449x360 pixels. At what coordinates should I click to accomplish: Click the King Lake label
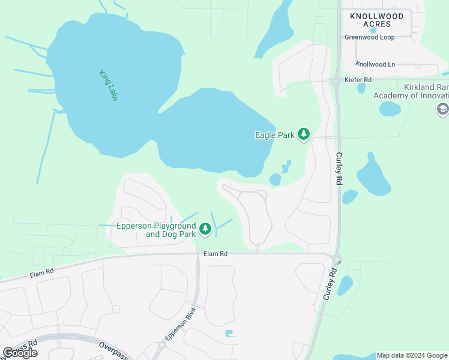click(109, 85)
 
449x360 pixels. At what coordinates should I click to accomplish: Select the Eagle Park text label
click(275, 135)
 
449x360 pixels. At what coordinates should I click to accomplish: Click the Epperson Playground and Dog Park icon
click(205, 229)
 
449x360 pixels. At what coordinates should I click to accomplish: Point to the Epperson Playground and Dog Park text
click(156, 229)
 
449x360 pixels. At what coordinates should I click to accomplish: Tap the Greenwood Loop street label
click(370, 37)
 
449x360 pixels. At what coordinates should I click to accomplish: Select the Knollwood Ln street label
click(376, 64)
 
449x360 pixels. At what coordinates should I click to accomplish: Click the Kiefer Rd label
click(359, 79)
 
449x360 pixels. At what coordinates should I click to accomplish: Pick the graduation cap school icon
click(443, 109)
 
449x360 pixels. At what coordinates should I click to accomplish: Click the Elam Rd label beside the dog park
click(215, 254)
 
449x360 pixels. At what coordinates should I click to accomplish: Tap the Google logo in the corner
click(20, 352)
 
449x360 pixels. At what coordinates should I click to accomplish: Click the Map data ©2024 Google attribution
click(412, 355)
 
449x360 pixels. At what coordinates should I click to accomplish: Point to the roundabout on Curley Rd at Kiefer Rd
click(336, 80)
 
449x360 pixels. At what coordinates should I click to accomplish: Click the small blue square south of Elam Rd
click(228, 333)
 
